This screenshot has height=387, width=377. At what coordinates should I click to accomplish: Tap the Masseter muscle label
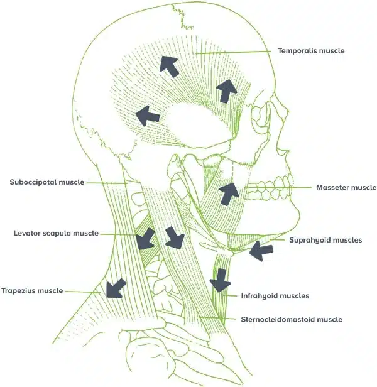[x=346, y=187]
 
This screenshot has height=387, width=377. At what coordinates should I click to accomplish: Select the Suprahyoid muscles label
[x=325, y=239]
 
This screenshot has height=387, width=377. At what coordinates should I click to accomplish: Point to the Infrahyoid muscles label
[x=275, y=295]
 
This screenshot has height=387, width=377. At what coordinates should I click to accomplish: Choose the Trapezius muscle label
[x=32, y=290]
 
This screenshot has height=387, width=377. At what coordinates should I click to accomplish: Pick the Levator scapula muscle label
[x=56, y=233]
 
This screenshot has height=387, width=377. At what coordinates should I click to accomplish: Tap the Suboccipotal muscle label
[x=47, y=182]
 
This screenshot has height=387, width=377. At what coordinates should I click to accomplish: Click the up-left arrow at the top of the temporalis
[x=168, y=65]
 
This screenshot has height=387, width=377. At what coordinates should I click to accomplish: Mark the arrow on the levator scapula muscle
[x=146, y=238]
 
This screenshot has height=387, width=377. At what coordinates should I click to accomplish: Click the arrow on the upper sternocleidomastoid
[x=174, y=237]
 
